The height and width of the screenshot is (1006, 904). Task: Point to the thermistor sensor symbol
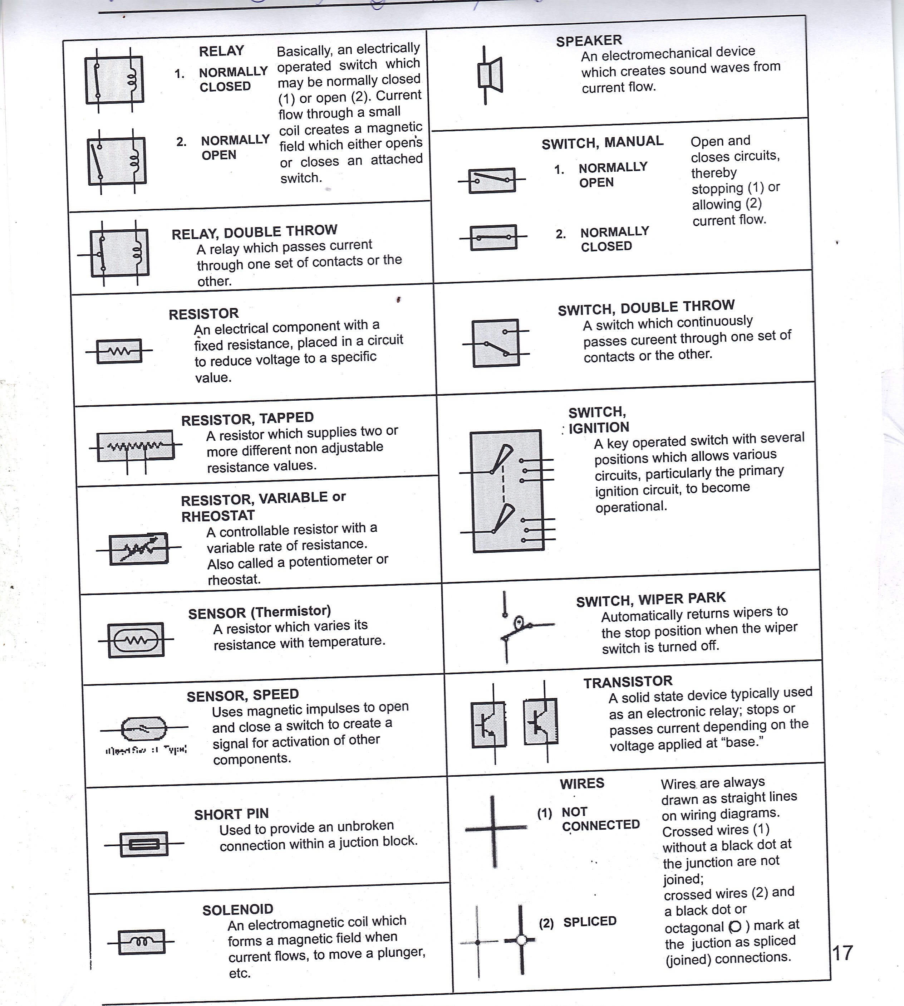coord(136,640)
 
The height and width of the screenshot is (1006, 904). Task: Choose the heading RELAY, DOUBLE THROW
coord(254,232)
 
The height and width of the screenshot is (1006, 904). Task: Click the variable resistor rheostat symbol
coord(139,548)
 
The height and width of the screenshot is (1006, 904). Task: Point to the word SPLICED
coord(590,922)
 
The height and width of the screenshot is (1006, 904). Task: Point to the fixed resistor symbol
coord(119,351)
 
